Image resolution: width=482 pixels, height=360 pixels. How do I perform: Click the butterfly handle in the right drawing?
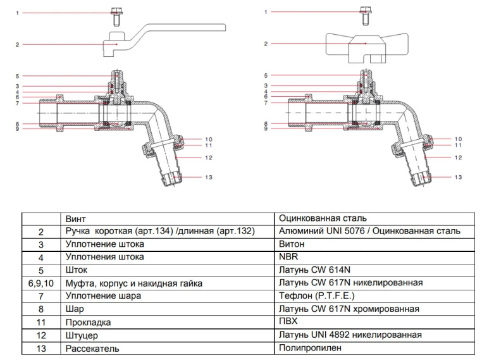[x=366, y=45]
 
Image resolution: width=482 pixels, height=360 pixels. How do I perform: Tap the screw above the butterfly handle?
[x=366, y=12]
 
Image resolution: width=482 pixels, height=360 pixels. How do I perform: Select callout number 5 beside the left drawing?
[x=18, y=76]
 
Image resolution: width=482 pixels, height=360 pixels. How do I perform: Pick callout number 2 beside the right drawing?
[x=266, y=44]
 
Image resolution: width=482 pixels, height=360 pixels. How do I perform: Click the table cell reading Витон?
[x=292, y=244]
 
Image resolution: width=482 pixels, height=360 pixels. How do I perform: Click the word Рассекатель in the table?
[x=92, y=349]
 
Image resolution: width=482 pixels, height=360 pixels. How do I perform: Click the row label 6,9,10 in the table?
[x=41, y=283]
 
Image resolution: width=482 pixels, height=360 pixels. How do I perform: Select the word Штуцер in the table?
[x=82, y=335]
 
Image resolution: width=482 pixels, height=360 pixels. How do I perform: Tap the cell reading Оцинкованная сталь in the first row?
[x=323, y=218]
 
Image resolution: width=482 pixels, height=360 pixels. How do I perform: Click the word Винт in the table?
[x=76, y=218]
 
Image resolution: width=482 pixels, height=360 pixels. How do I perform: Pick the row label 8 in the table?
[x=41, y=309]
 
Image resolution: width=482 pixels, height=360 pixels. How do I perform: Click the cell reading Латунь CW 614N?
[x=314, y=270]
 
